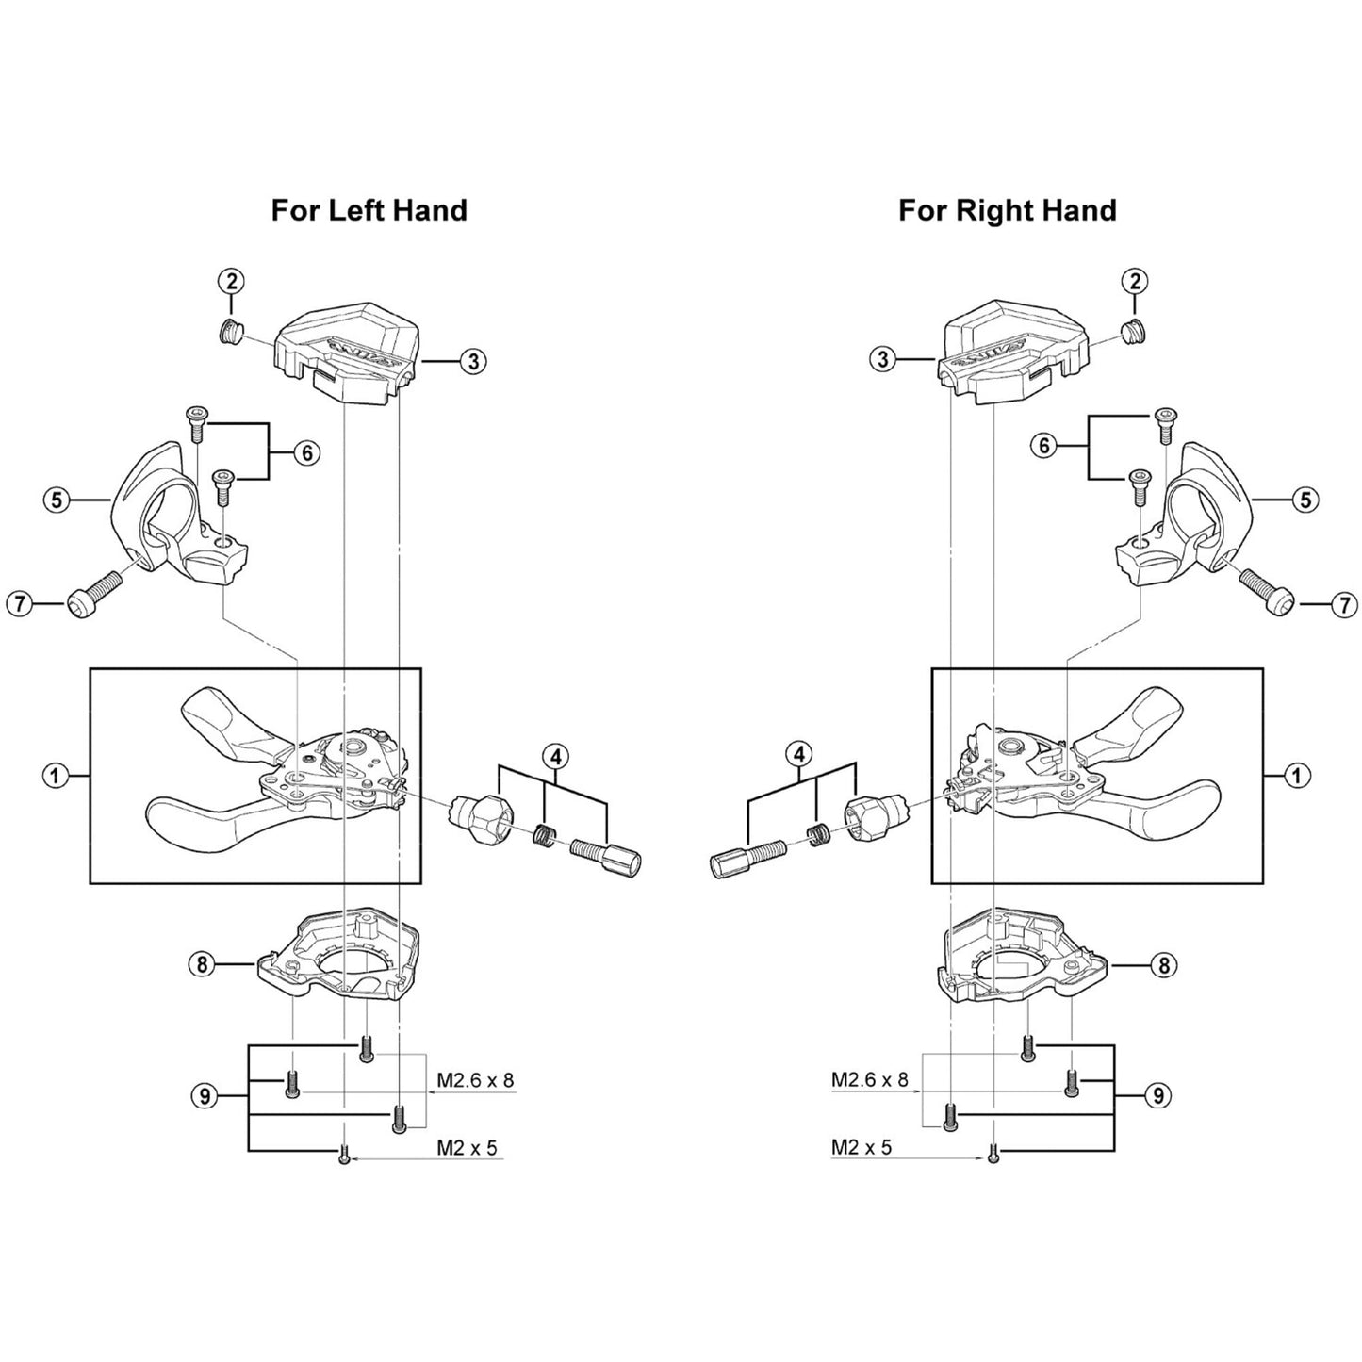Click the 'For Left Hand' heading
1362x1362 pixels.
369,210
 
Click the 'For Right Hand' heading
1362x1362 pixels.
1008,210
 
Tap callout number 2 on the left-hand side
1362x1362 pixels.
231,281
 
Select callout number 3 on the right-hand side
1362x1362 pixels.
883,360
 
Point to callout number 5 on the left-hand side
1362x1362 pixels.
57,500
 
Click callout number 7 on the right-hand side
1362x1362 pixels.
1344,605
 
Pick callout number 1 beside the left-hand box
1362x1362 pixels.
55,776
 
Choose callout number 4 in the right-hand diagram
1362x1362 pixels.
799,754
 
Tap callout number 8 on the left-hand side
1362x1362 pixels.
203,965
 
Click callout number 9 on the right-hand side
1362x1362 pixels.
1157,1095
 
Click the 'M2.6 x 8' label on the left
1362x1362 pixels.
475,1081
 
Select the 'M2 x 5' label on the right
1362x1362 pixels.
862,1147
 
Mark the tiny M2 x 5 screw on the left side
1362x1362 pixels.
344,1154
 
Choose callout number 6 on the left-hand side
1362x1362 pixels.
306,452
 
